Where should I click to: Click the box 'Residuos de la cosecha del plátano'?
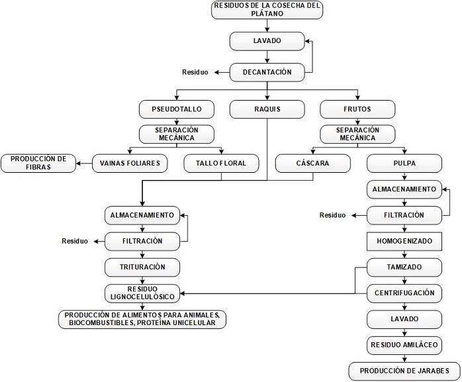click(267, 9)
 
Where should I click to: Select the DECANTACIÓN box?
click(267, 72)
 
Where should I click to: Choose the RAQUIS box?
click(267, 108)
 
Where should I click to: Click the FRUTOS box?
click(357, 108)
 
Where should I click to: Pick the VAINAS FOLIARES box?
click(130, 163)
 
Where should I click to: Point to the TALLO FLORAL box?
click(225, 163)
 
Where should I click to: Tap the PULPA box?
click(404, 163)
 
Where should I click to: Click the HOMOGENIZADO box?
click(404, 241)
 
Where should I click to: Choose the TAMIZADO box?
click(404, 267)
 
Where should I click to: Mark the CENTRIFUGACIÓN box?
click(404, 293)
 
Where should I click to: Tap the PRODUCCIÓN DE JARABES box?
click(404, 370)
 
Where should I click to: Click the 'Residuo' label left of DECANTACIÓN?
click(195, 72)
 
